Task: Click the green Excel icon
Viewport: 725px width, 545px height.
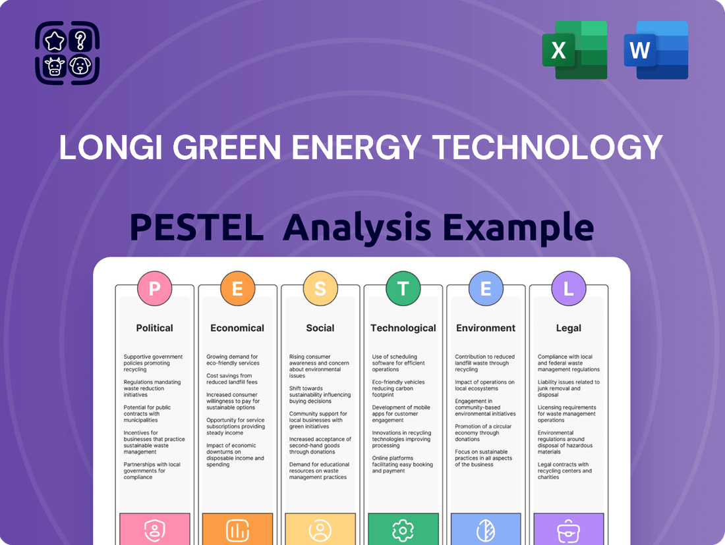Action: pyautogui.click(x=574, y=50)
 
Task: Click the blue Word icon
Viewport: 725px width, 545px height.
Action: pyautogui.click(x=656, y=50)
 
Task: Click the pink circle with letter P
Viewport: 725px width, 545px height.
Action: pyautogui.click(x=154, y=288)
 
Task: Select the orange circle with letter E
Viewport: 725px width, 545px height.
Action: pyautogui.click(x=237, y=288)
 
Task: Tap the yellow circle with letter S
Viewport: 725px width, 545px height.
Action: pyautogui.click(x=320, y=288)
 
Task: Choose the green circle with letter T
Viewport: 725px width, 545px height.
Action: pyautogui.click(x=403, y=288)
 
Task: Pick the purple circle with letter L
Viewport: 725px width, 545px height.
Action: pyautogui.click(x=568, y=288)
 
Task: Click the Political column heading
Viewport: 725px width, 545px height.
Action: pyautogui.click(x=154, y=328)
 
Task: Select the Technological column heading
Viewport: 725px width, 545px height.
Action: pyautogui.click(x=403, y=328)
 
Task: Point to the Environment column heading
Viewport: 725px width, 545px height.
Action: pyautogui.click(x=486, y=328)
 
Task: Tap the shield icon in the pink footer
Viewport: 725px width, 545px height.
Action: pyautogui.click(x=154, y=531)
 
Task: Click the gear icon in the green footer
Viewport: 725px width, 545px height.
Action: pyautogui.click(x=403, y=531)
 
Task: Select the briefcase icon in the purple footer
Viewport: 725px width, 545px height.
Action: pyautogui.click(x=568, y=531)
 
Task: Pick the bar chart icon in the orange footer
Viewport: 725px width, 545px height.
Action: pyautogui.click(x=237, y=531)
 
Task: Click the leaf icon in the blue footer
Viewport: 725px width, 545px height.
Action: pyautogui.click(x=486, y=531)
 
